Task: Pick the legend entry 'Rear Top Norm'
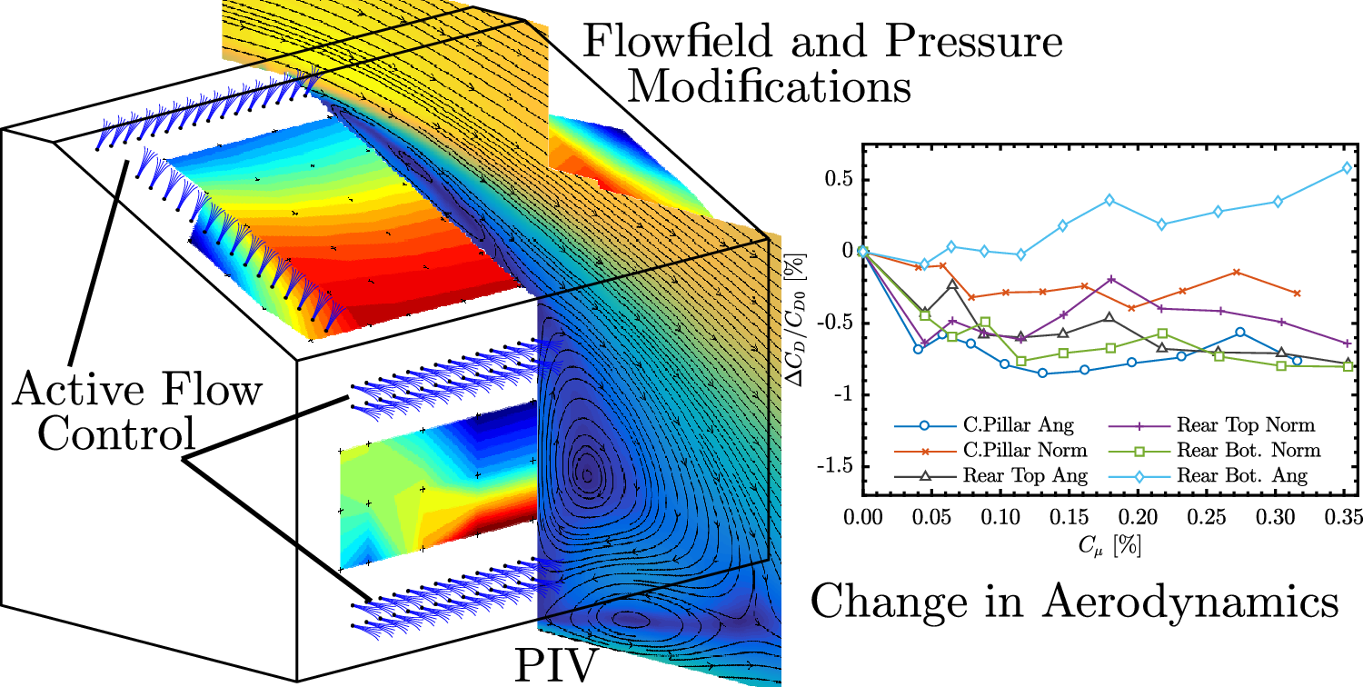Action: click(1245, 423)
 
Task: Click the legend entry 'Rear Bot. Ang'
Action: click(1242, 474)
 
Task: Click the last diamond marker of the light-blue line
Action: click(1346, 167)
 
